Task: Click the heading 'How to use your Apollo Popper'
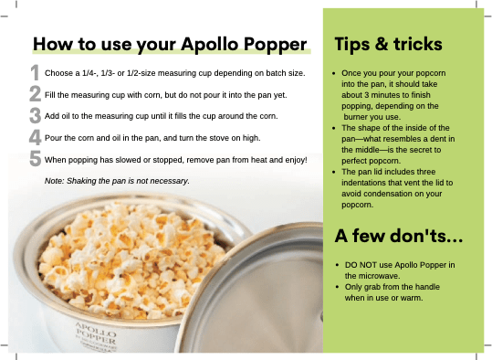coord(170,44)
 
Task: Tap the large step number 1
coord(35,72)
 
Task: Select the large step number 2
coord(35,93)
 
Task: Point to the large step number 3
coord(35,116)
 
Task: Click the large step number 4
coord(35,138)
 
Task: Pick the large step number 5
coord(35,161)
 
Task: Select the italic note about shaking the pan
coord(116,181)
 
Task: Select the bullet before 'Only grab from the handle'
coord(337,288)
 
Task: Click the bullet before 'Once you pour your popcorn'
coord(337,71)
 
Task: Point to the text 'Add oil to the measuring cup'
coord(100,116)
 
